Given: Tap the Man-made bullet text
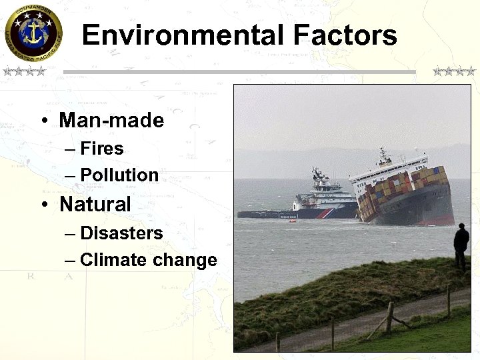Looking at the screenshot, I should click(111, 121).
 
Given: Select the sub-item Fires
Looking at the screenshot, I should click(102, 148).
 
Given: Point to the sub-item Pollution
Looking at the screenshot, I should click(119, 175).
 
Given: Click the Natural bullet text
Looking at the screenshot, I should click(95, 204).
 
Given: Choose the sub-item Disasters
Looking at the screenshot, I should click(121, 233).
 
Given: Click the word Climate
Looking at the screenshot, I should click(114, 260).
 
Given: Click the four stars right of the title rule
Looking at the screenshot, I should click(454, 71).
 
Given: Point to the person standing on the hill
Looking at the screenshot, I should click(461, 245).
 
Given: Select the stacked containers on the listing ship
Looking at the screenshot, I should click(400, 190).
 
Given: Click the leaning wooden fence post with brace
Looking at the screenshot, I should click(389, 317).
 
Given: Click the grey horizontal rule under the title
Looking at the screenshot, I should click(239, 72).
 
